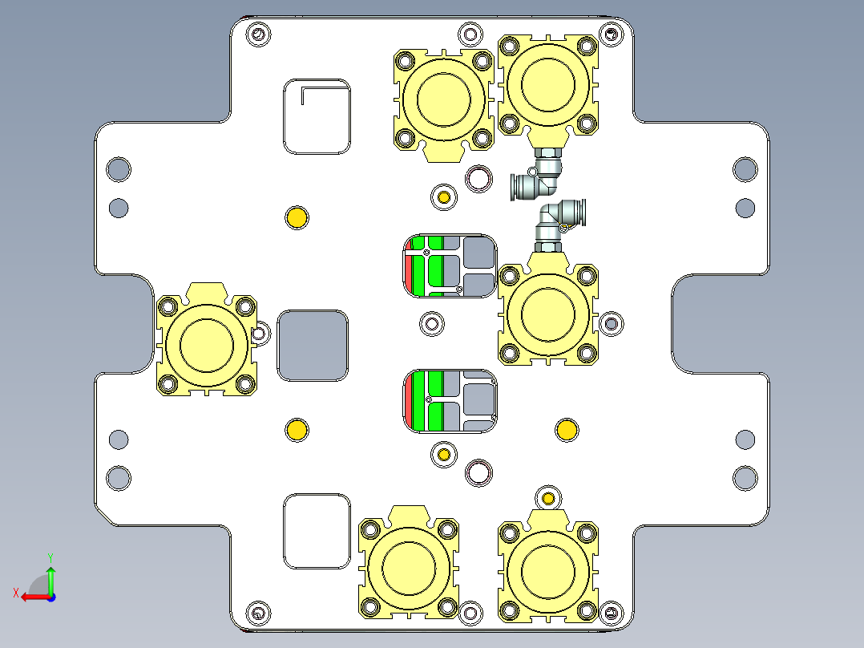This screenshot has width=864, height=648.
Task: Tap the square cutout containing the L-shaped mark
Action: click(x=317, y=116)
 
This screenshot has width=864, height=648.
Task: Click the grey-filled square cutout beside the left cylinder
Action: click(x=313, y=345)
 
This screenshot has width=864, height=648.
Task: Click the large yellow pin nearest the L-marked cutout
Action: click(x=297, y=217)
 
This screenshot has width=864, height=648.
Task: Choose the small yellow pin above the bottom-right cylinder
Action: click(x=549, y=498)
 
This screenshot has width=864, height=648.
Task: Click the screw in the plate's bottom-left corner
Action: click(x=257, y=613)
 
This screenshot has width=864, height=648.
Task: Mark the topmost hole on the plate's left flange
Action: click(x=119, y=169)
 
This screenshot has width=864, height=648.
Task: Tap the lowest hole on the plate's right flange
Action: click(x=745, y=478)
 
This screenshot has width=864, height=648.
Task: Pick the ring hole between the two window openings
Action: click(x=432, y=323)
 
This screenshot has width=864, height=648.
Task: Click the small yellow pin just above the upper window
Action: click(x=443, y=196)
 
